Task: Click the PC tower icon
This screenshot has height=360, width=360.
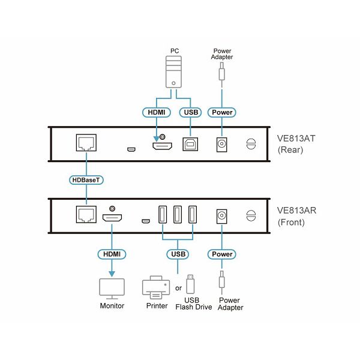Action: click(x=173, y=72)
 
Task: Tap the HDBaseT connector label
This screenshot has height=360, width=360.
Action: click(x=86, y=180)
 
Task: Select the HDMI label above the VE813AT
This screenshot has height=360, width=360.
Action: click(x=157, y=113)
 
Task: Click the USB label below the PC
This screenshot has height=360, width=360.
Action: click(x=191, y=113)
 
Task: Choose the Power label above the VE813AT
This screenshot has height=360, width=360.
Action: click(x=222, y=113)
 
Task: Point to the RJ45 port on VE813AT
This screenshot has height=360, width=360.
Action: click(x=86, y=143)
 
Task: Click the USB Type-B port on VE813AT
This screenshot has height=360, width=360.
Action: click(x=190, y=144)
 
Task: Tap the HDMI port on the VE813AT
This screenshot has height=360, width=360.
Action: click(x=163, y=146)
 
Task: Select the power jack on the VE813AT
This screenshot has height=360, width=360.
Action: click(x=222, y=145)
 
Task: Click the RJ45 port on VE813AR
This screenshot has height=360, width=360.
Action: click(x=86, y=214)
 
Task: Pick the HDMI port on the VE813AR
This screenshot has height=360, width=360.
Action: click(x=112, y=218)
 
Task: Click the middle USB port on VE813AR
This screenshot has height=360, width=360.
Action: click(x=178, y=214)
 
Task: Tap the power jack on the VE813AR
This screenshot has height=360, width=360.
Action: click(x=222, y=216)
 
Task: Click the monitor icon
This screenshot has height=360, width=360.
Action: click(x=112, y=289)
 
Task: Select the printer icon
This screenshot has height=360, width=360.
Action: click(x=156, y=287)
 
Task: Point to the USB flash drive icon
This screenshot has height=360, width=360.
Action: click(x=190, y=284)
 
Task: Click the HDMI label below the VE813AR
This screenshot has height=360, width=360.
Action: click(x=112, y=254)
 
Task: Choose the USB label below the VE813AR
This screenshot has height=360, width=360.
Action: click(x=178, y=254)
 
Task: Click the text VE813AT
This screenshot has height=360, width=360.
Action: click(x=296, y=139)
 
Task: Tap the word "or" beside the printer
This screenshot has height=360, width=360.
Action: click(x=178, y=288)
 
